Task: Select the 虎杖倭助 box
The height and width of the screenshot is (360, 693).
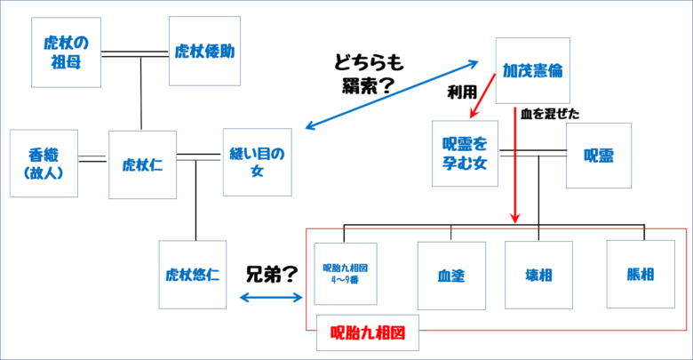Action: (204, 51)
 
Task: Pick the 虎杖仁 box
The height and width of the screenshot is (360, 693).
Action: (141, 164)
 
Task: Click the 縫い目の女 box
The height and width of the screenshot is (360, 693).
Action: (257, 164)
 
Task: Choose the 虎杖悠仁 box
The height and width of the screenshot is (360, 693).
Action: (193, 275)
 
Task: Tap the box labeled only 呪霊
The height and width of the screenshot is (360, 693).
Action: (599, 155)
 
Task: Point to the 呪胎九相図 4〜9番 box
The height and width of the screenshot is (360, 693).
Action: (346, 274)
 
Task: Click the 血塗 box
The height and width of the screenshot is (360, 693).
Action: (450, 275)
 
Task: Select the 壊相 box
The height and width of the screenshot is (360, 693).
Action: (538, 275)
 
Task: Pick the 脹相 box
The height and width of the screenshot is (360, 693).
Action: (640, 275)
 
